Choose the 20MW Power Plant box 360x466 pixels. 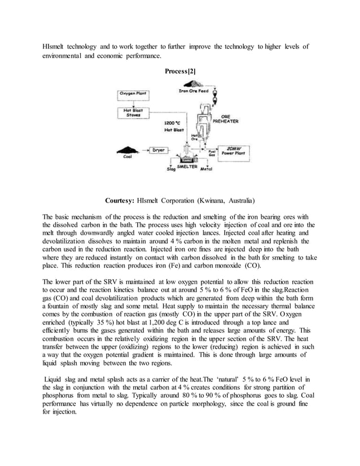pos(238,151)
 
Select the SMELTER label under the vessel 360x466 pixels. pos(187,166)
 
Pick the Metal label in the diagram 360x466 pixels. pos(207,168)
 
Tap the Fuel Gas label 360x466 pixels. pos(212,152)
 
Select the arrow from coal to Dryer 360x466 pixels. pos(143,151)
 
